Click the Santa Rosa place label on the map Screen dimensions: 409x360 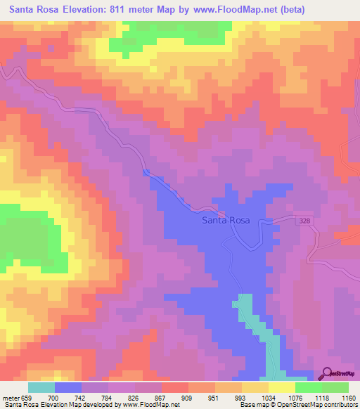tap(226, 220)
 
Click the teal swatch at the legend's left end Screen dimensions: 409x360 tap(41, 387)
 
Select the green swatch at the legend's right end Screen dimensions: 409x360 tap(335, 387)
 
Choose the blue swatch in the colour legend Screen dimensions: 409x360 tap(67, 387)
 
